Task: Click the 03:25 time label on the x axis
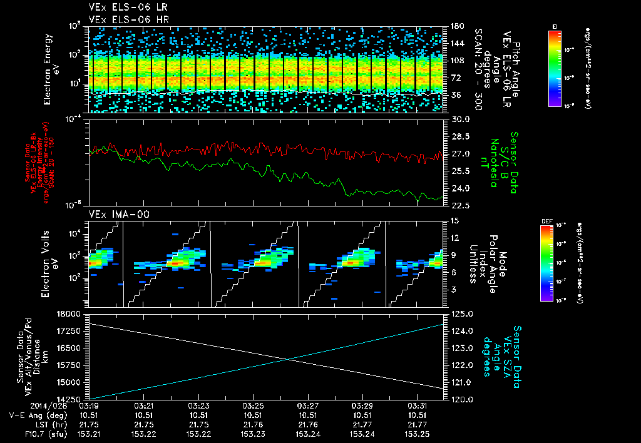click(x=252, y=405)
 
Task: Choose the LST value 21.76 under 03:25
click(x=252, y=424)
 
